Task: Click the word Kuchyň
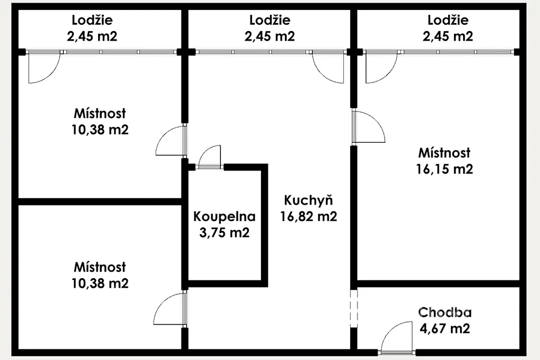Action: (x=308, y=200)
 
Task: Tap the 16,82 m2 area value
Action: (x=308, y=217)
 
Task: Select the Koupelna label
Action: (x=225, y=217)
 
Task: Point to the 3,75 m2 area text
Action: (x=225, y=232)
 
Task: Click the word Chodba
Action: (x=445, y=312)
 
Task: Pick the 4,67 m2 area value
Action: (x=445, y=328)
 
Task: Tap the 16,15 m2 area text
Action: (x=444, y=169)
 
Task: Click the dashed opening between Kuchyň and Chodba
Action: (x=354, y=308)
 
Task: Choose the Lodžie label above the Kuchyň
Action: (x=269, y=20)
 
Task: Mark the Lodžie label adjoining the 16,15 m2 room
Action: (x=448, y=20)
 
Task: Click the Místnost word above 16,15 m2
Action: (x=444, y=153)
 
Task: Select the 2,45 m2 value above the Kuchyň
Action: (x=269, y=36)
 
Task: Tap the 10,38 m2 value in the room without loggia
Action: (x=100, y=283)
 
